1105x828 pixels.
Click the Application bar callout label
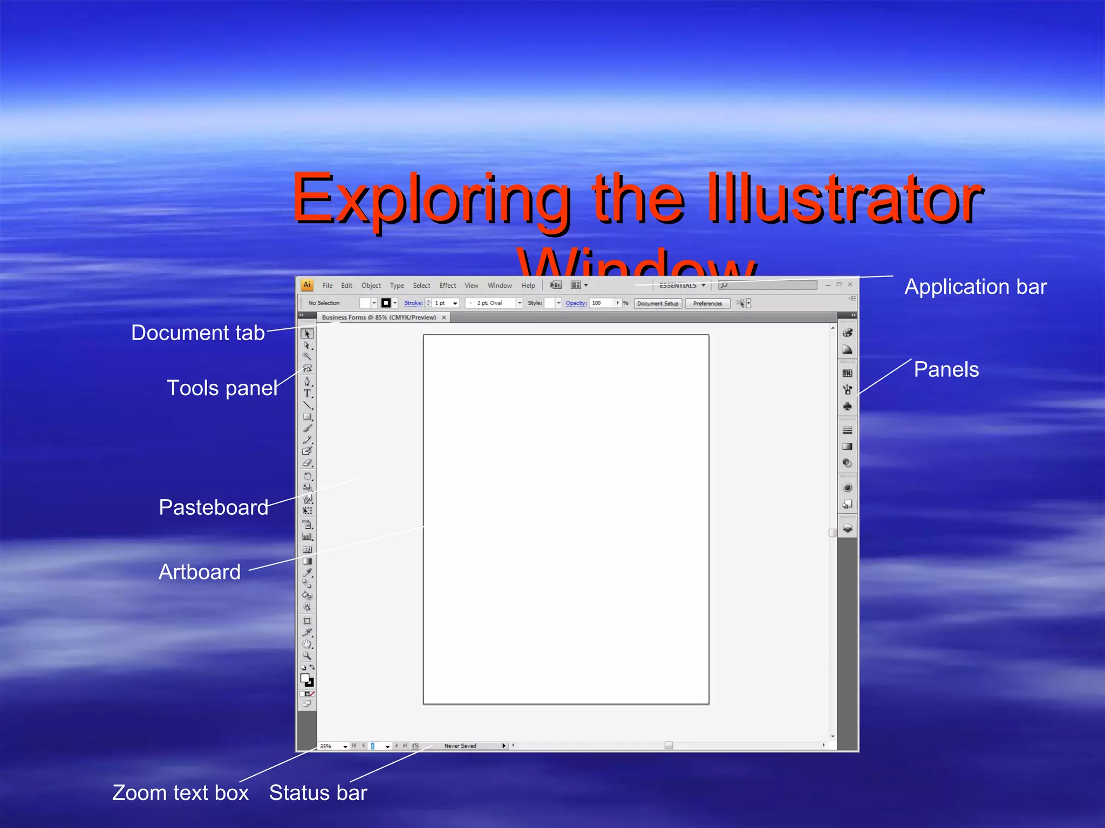976,287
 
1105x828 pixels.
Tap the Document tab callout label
198,333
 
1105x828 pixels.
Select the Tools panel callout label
222,388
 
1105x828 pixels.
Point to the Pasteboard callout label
214,507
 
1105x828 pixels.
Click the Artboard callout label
200,572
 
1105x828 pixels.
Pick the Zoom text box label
180,793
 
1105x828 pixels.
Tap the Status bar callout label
318,793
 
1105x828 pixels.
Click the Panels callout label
946,370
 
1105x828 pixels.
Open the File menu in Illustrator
328,286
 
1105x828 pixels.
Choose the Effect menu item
447,286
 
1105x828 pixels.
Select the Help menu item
528,286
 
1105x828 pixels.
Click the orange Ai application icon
307,285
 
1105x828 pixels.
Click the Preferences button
707,303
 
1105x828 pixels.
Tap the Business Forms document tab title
379,318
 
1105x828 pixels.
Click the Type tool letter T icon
307,394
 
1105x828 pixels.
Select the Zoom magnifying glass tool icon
307,656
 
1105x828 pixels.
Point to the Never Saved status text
460,746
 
